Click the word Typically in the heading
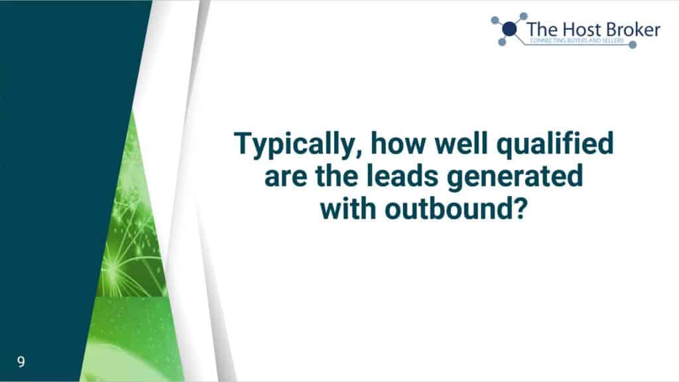tap(294, 144)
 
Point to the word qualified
tap(555, 144)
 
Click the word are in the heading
tap(285, 177)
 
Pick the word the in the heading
tap(336, 176)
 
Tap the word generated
tap(515, 177)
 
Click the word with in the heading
tap(347, 209)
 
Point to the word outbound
tap(449, 209)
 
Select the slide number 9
tap(21, 361)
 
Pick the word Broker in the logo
tap(633, 30)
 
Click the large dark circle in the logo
tap(510, 29)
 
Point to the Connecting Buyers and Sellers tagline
tap(577, 40)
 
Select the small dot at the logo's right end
tap(633, 44)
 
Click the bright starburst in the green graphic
tap(113, 271)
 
